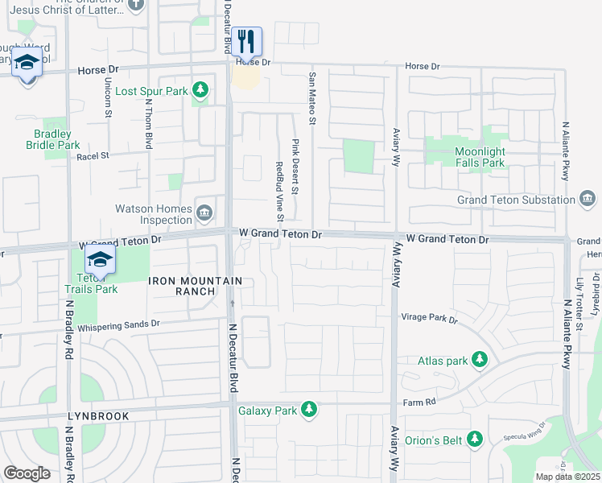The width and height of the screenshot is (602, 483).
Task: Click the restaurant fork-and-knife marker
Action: click(x=248, y=42)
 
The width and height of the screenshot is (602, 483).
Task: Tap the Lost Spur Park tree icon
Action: click(x=200, y=91)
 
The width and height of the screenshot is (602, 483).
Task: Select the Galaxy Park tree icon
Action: click(x=308, y=411)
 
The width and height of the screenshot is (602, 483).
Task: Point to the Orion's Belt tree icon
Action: click(x=475, y=439)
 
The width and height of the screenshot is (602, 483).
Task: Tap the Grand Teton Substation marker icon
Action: click(x=588, y=199)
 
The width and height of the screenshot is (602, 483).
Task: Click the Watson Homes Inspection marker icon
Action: click(x=204, y=213)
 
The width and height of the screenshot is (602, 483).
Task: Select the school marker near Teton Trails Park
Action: click(x=100, y=260)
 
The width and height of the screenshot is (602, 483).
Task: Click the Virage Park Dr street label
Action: click(x=429, y=320)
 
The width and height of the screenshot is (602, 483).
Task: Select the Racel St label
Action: click(x=93, y=155)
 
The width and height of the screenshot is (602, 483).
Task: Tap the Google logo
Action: click(x=27, y=473)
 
